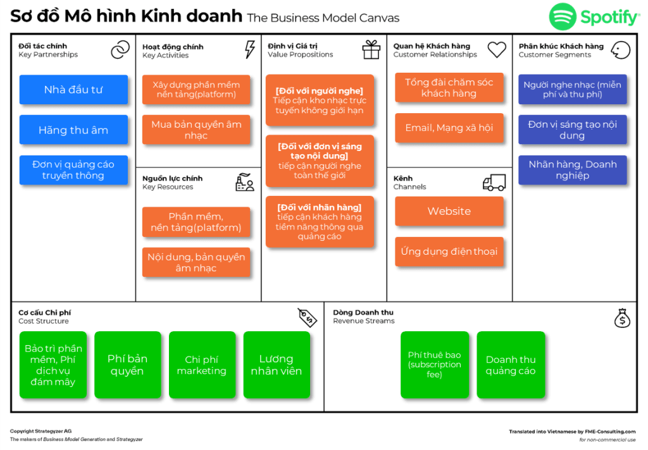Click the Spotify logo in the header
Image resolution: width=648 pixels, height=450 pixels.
click(594, 17)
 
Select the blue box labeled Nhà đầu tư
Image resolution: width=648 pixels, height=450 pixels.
click(73, 90)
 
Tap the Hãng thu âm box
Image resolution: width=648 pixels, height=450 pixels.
click(73, 130)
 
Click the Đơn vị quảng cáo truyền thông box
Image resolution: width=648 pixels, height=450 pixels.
click(73, 170)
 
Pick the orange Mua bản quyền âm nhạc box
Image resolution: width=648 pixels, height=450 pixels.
click(196, 130)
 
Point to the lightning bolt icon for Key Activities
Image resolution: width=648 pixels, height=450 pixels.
click(250, 49)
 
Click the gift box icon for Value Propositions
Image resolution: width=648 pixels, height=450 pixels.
click(371, 49)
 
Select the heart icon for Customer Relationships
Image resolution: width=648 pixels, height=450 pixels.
click(497, 49)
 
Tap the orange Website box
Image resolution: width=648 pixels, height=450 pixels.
click(449, 212)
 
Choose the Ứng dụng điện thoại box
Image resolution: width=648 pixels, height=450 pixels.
click(449, 252)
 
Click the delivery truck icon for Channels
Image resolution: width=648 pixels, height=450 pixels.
click(494, 183)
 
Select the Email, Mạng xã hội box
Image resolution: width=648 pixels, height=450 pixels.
click(449, 128)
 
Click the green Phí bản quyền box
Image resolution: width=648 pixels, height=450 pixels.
click(128, 365)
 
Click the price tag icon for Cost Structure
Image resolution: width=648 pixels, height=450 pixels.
click(307, 317)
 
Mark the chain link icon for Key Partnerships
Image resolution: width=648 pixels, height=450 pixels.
click(120, 50)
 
